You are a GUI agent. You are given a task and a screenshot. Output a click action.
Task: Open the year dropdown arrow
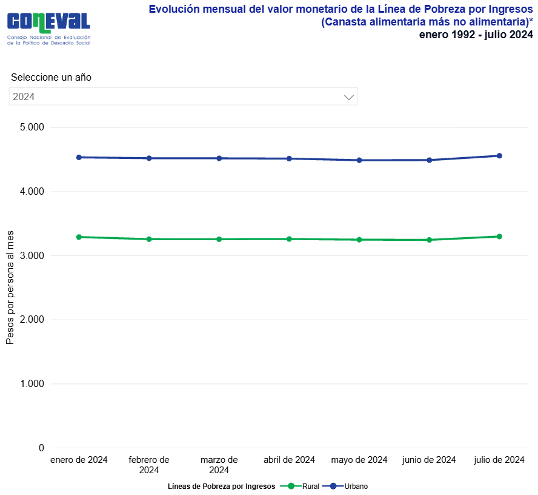348,97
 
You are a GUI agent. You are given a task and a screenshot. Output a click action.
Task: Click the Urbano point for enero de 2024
79,157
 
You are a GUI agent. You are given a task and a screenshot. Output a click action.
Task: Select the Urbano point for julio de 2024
499,156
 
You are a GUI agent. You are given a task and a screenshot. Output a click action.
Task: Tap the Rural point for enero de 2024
79,237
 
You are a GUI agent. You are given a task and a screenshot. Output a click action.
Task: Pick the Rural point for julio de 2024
499,237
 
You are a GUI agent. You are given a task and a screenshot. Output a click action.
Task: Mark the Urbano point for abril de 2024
289,159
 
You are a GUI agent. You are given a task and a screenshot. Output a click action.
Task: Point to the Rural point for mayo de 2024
359,240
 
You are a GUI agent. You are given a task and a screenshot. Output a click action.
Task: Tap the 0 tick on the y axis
41,448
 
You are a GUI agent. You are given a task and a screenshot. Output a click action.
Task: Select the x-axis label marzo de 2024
219,465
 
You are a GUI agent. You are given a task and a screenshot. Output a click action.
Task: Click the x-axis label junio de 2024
429,460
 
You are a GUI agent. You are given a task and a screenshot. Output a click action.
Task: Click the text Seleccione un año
51,78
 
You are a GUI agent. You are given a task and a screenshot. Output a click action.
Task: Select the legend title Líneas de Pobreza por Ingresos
221,486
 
